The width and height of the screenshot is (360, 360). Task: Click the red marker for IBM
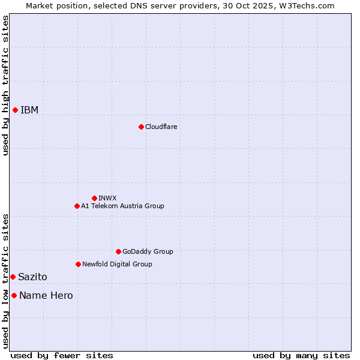click(15, 110)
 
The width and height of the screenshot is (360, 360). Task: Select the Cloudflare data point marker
click(141, 127)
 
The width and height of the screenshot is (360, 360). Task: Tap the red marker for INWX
click(94, 198)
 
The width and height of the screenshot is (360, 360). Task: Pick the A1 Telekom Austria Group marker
click(77, 206)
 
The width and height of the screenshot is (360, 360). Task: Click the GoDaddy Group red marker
click(118, 251)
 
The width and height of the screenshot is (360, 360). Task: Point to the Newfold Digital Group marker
click(78, 264)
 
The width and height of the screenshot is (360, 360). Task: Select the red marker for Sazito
click(13, 277)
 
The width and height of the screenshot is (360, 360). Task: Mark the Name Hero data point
click(14, 295)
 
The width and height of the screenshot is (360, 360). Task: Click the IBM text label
click(29, 110)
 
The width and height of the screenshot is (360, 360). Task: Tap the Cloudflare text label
click(161, 127)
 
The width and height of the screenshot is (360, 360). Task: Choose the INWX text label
click(107, 198)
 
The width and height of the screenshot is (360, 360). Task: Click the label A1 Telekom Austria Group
click(122, 206)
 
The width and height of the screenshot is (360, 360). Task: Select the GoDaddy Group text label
click(148, 251)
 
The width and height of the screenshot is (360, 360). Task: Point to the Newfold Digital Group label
click(117, 264)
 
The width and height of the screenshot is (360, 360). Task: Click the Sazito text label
click(32, 277)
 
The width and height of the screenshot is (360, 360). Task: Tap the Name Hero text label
click(46, 295)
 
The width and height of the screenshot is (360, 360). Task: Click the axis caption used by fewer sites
click(62, 355)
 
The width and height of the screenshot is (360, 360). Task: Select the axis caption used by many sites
click(301, 355)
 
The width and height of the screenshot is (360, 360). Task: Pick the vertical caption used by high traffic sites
click(5, 85)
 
